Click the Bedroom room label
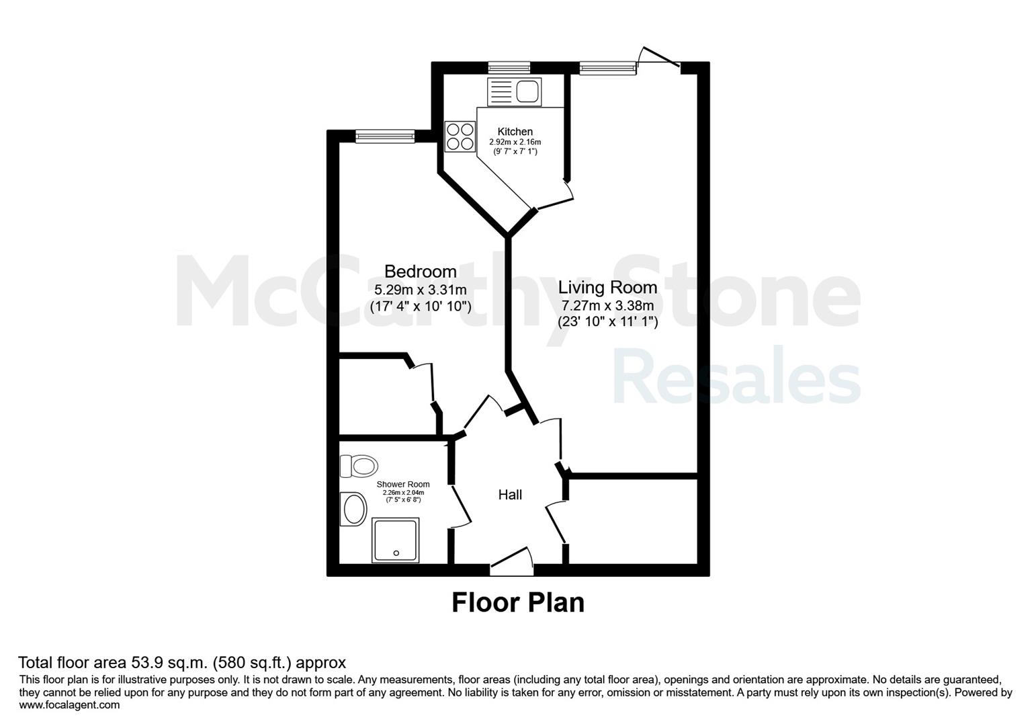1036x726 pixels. point(420,271)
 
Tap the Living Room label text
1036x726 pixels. point(607,287)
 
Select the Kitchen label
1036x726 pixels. point(515,131)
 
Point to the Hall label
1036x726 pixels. point(510,495)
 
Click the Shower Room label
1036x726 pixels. point(403,484)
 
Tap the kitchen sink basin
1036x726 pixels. point(527,91)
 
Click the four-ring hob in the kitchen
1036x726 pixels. point(460,136)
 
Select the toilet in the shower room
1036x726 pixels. point(359,466)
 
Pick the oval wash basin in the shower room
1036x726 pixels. point(353,509)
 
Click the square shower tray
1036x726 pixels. point(396,540)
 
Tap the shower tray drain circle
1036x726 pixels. point(396,553)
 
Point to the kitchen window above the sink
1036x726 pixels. point(509,68)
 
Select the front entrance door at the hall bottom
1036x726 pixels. point(511,561)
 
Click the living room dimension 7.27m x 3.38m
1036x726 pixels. point(607,305)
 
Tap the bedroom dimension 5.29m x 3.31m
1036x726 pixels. point(420,290)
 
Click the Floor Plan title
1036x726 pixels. point(518,603)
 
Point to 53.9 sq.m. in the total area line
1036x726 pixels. point(169,663)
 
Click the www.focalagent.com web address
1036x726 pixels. point(69,705)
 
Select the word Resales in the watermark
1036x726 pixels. point(737,376)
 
